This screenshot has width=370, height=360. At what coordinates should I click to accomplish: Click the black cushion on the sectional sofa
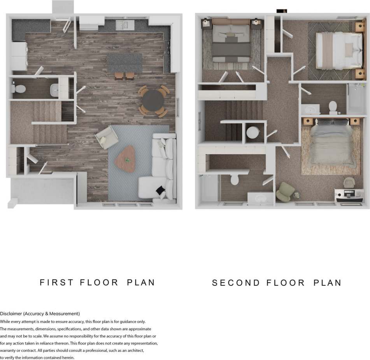pyautogui.click(x=160, y=190)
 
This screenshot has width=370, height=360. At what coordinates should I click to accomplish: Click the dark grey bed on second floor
pyautogui.click(x=231, y=43)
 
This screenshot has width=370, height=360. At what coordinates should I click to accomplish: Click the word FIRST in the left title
pyautogui.click(x=56, y=282)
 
